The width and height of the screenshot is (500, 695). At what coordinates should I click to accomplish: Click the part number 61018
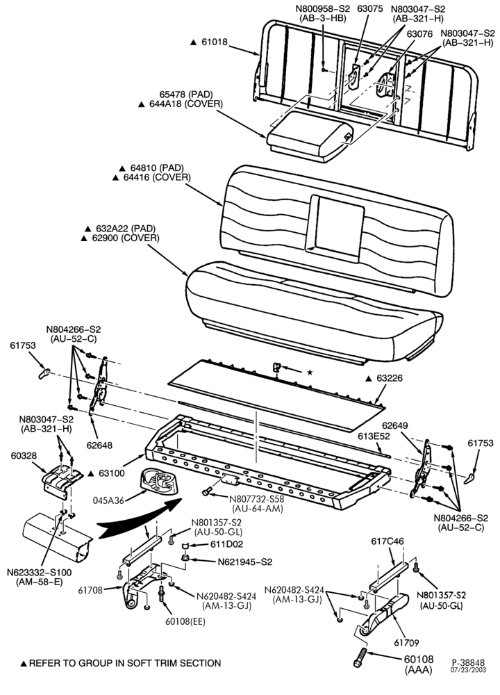point(215,42)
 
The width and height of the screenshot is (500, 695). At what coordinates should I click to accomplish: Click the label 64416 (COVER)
point(157,177)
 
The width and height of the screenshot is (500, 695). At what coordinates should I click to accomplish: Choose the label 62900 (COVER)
point(125,238)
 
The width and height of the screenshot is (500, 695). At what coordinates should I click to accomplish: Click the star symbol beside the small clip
point(310,373)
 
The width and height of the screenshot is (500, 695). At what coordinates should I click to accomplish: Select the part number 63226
point(390,379)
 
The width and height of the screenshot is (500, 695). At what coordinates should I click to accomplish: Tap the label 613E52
point(374,436)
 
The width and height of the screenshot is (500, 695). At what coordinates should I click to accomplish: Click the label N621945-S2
point(245,562)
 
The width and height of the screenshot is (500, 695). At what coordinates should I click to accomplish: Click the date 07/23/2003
point(469,669)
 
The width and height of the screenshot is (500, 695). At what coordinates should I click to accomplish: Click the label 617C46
point(387,541)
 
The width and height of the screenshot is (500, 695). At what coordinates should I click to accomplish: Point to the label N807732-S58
point(256,498)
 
